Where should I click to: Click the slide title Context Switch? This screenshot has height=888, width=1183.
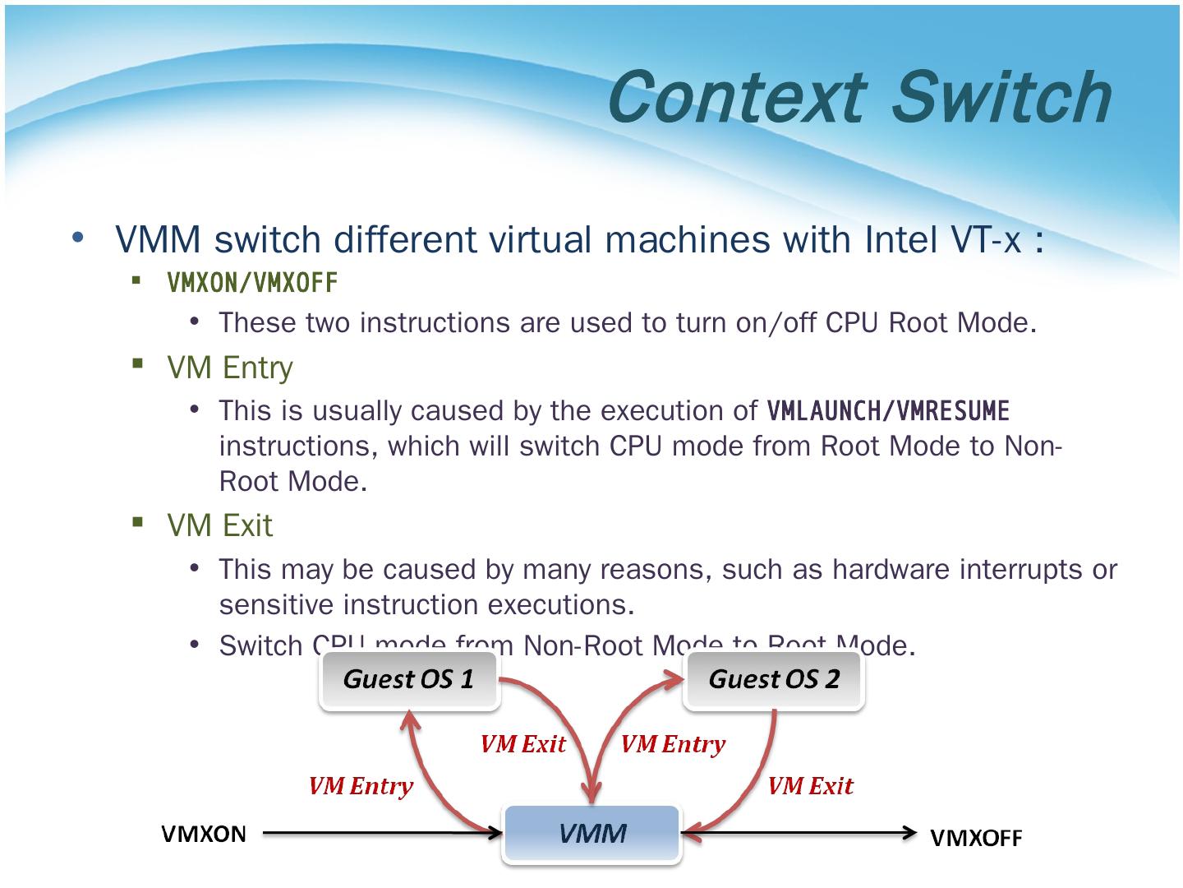[859, 97]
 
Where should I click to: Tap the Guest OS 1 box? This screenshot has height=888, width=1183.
[409, 679]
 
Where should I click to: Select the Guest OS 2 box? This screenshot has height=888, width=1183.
[774, 679]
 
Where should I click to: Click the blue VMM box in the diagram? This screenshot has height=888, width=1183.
[592, 834]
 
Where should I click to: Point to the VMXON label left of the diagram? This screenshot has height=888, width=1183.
[204, 834]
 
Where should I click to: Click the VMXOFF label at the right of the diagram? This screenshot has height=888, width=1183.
[976, 838]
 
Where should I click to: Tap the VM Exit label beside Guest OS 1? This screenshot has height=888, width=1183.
[523, 744]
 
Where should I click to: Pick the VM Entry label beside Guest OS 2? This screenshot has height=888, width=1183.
[673, 744]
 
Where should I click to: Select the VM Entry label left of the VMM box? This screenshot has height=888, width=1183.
[361, 786]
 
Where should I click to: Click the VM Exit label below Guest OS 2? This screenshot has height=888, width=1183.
[810, 786]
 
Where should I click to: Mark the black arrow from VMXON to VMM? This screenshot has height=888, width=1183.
[382, 834]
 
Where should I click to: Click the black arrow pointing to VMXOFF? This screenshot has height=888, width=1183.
[797, 834]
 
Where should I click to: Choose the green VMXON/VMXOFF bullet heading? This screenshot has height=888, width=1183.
[252, 283]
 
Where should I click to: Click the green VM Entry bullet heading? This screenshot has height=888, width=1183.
[230, 368]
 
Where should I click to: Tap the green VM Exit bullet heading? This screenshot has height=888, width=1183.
[219, 525]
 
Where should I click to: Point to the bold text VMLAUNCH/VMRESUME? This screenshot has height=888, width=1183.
[888, 409]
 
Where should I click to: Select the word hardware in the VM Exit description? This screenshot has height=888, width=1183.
[891, 569]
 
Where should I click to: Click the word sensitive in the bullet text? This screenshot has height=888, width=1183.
[277, 605]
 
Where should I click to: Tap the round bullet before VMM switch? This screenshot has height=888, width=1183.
[77, 238]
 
